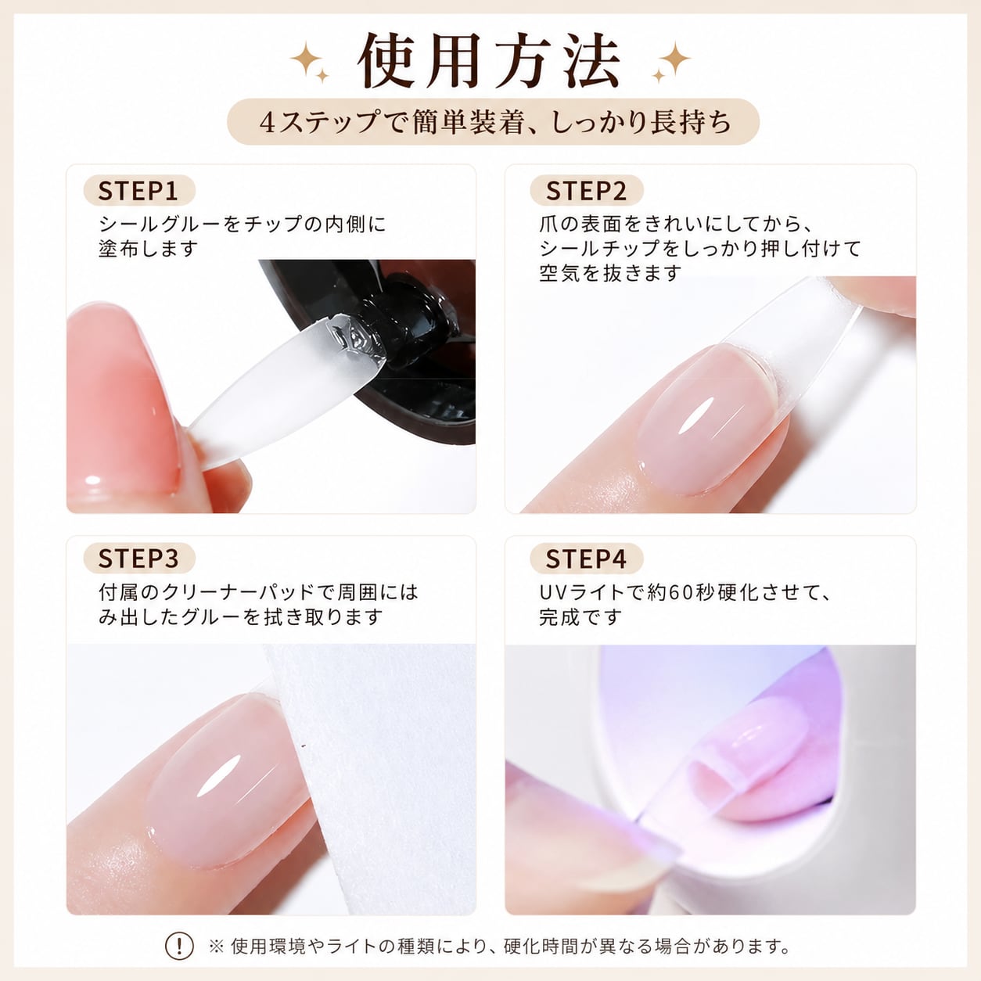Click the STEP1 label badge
(139, 191)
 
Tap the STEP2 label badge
(587, 191)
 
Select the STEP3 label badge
(139, 559)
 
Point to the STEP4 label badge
(587, 559)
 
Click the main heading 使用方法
(489, 61)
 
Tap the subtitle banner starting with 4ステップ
(493, 122)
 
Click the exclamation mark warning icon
(179, 946)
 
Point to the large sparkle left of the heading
(307, 58)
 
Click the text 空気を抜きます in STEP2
(610, 273)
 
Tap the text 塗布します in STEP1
(148, 249)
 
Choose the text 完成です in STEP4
(580, 617)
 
